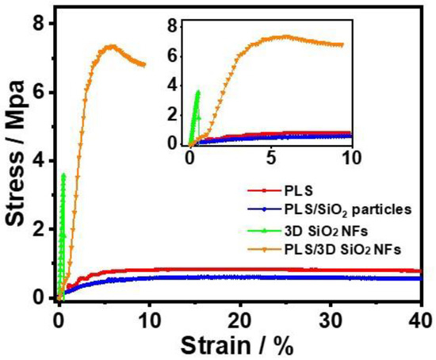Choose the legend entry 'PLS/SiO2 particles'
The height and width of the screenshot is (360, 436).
pyautogui.click(x=338, y=210)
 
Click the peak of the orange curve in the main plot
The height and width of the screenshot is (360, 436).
pyautogui.click(x=112, y=46)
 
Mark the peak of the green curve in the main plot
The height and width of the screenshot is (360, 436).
pyautogui.click(x=63, y=174)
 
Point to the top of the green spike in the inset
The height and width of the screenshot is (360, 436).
pyautogui.click(x=197, y=91)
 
